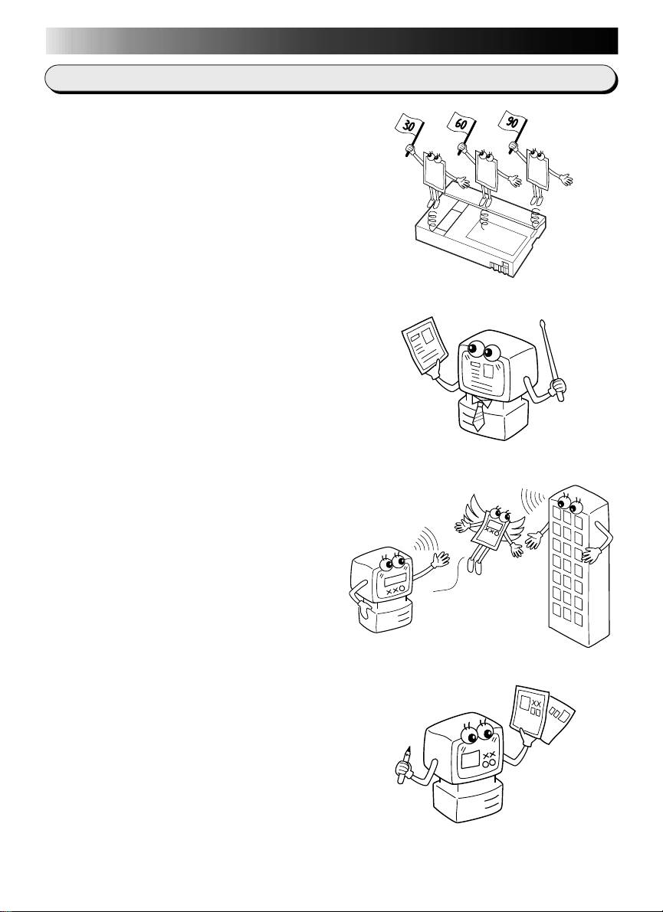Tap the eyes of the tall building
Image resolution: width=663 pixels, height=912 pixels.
[572, 502]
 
